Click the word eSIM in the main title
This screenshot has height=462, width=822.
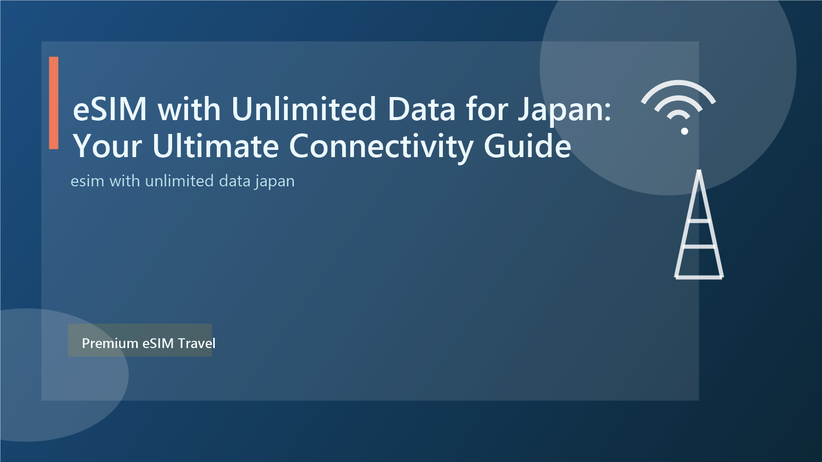point(110,109)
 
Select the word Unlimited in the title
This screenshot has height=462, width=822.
point(304,109)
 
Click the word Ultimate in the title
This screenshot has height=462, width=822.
point(215,146)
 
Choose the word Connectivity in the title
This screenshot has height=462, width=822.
point(380,147)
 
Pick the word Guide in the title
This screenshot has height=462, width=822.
point(527,146)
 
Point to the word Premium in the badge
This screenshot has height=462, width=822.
point(110,343)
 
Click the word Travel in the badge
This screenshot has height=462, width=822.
point(197,343)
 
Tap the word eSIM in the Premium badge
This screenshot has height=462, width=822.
point(158,343)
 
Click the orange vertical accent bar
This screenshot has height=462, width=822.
point(53,103)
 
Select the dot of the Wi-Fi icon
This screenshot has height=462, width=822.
point(684,131)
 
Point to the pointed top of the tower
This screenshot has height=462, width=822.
point(699,172)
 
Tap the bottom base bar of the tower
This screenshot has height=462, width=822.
point(699,277)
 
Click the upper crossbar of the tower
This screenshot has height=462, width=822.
point(699,221)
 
